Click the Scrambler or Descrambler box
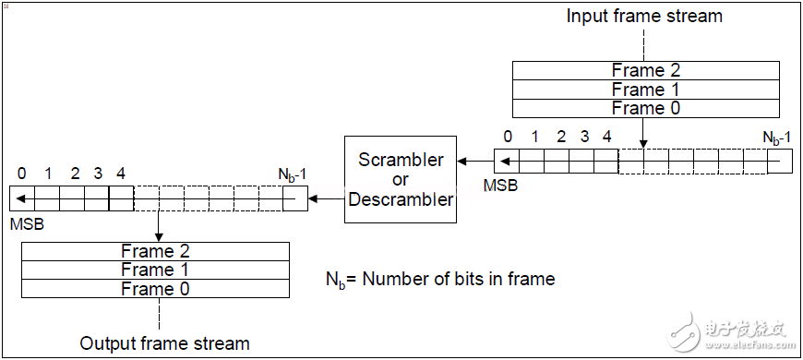(x=401, y=179)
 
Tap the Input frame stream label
(x=643, y=16)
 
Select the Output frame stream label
(x=164, y=343)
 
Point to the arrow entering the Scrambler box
(x=475, y=162)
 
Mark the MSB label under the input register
(x=500, y=186)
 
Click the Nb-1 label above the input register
(x=776, y=138)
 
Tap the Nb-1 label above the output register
(x=293, y=174)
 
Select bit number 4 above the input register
(x=606, y=137)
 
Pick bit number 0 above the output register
(x=22, y=173)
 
